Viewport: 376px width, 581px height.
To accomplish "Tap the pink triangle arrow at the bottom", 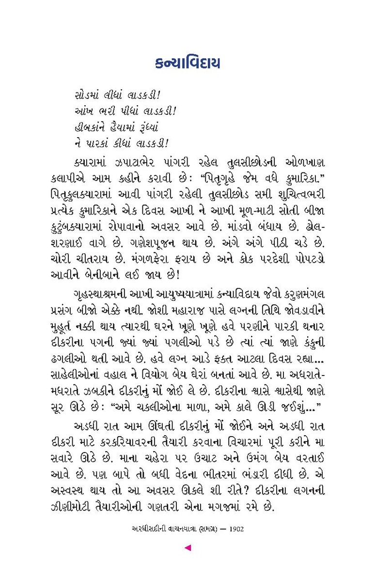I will click(188, 548).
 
